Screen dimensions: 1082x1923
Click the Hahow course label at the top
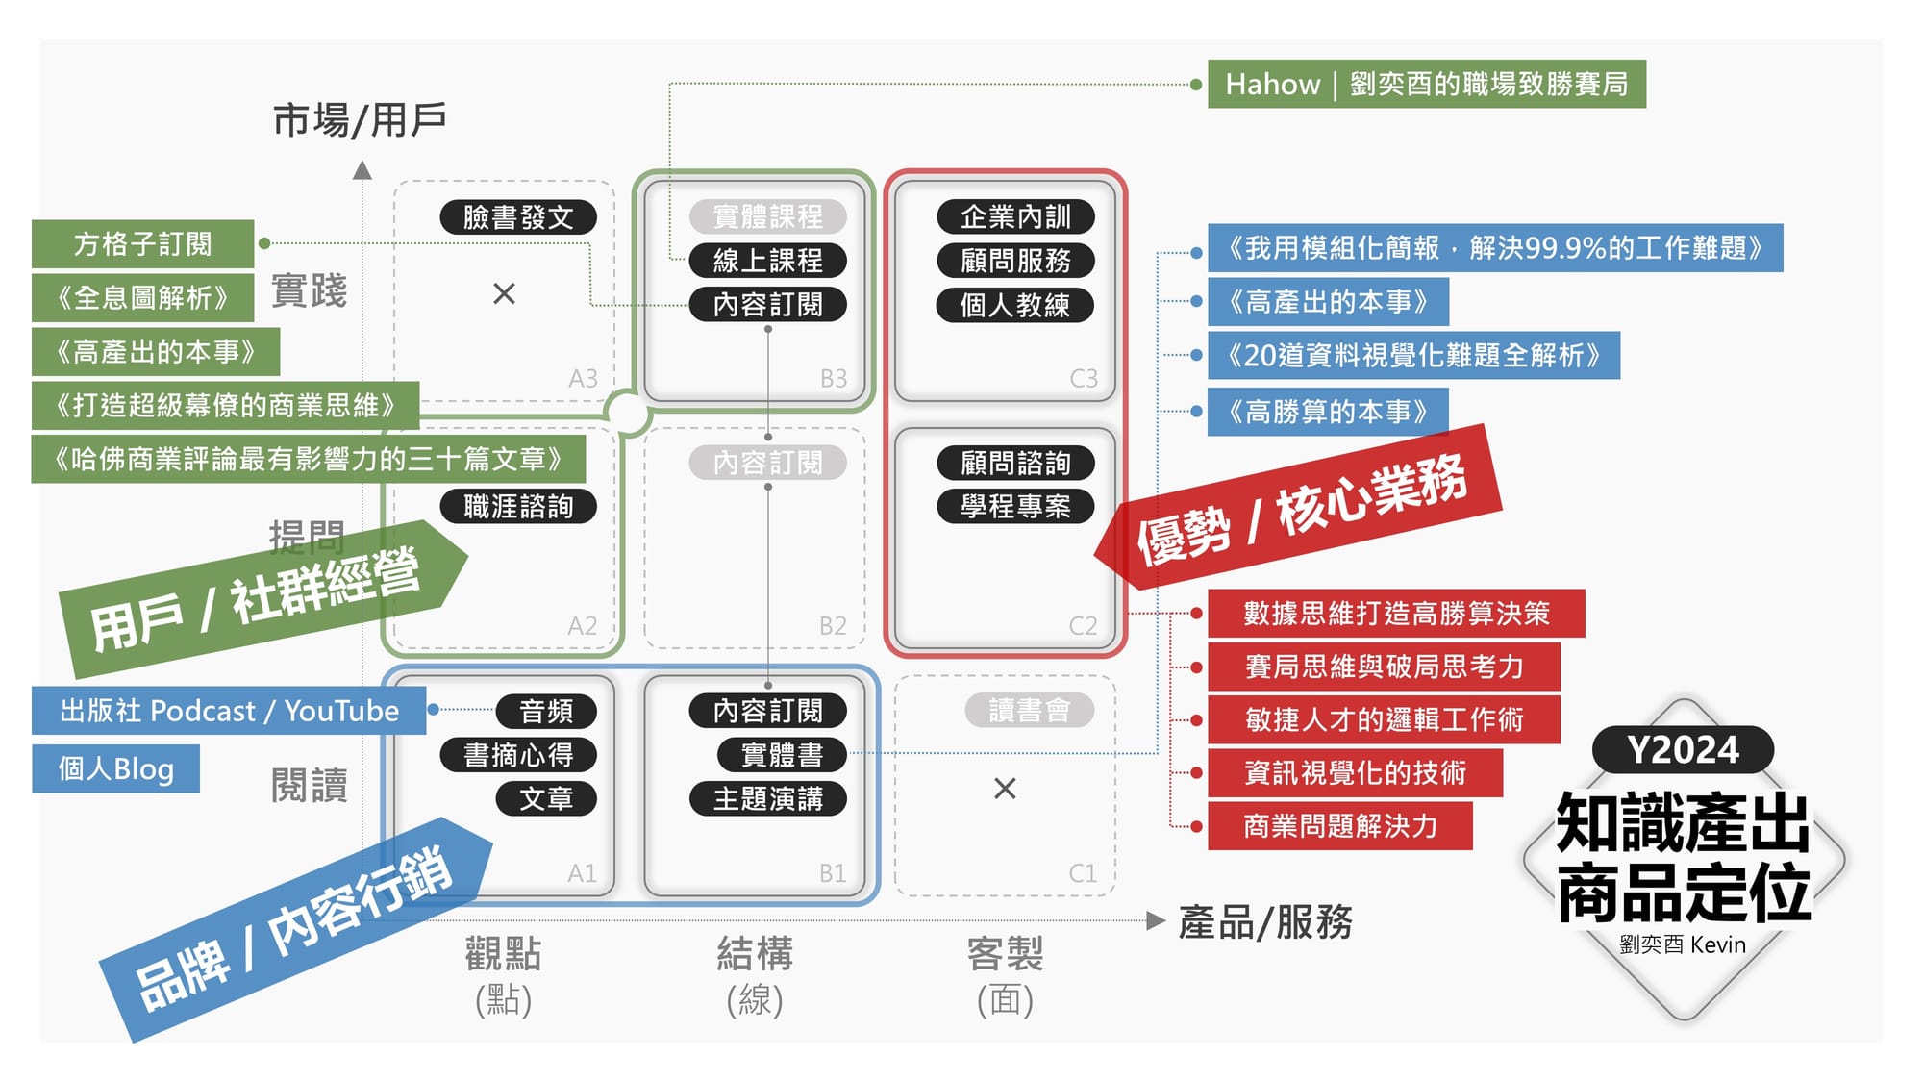point(1426,85)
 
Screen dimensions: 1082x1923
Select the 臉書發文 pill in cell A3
point(518,217)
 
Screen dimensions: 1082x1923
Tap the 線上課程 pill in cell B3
point(767,261)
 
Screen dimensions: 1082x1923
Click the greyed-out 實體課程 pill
point(767,217)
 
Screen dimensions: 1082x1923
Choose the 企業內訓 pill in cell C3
point(1015,217)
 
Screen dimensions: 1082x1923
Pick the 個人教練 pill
point(1014,306)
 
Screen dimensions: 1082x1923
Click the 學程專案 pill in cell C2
point(1015,507)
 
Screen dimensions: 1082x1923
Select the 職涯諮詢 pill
point(518,507)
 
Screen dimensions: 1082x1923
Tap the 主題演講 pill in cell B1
point(767,799)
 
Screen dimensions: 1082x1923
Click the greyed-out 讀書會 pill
point(1029,711)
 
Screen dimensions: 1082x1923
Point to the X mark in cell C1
point(1005,789)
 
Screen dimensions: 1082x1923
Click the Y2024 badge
point(1683,750)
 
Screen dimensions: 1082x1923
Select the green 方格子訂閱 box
point(142,244)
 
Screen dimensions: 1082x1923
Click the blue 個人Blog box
point(115,769)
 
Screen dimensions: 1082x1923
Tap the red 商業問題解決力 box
point(1339,826)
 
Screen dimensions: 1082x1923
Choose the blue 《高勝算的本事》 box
point(1327,413)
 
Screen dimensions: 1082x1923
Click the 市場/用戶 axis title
point(360,121)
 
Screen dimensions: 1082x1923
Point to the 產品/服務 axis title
point(1265,922)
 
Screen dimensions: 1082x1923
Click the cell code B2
point(833,626)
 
